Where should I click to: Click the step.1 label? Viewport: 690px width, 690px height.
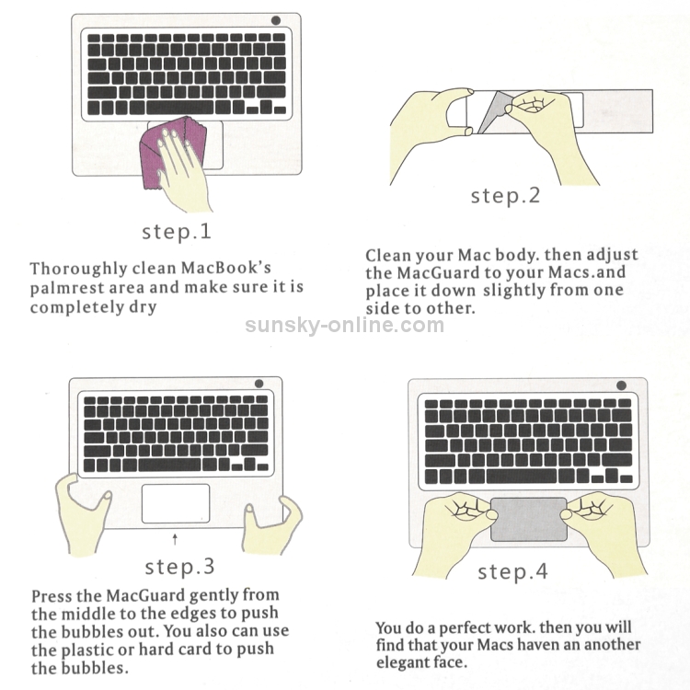[x=177, y=232]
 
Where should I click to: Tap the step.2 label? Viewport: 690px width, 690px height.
[x=505, y=195]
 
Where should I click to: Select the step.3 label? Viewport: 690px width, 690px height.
[x=179, y=567]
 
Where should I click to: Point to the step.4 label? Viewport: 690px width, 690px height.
[x=512, y=571]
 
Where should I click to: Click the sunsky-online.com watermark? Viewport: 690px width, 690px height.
[x=345, y=325]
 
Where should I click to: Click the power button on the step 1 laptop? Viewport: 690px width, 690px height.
[x=276, y=20]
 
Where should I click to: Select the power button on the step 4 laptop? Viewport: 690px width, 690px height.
[x=621, y=385]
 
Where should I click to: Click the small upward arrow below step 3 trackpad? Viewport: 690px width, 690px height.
[x=175, y=539]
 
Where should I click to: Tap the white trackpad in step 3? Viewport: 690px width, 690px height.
[x=176, y=503]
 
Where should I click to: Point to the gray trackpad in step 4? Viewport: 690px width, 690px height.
[x=529, y=520]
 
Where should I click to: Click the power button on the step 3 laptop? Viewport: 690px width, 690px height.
[x=259, y=384]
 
